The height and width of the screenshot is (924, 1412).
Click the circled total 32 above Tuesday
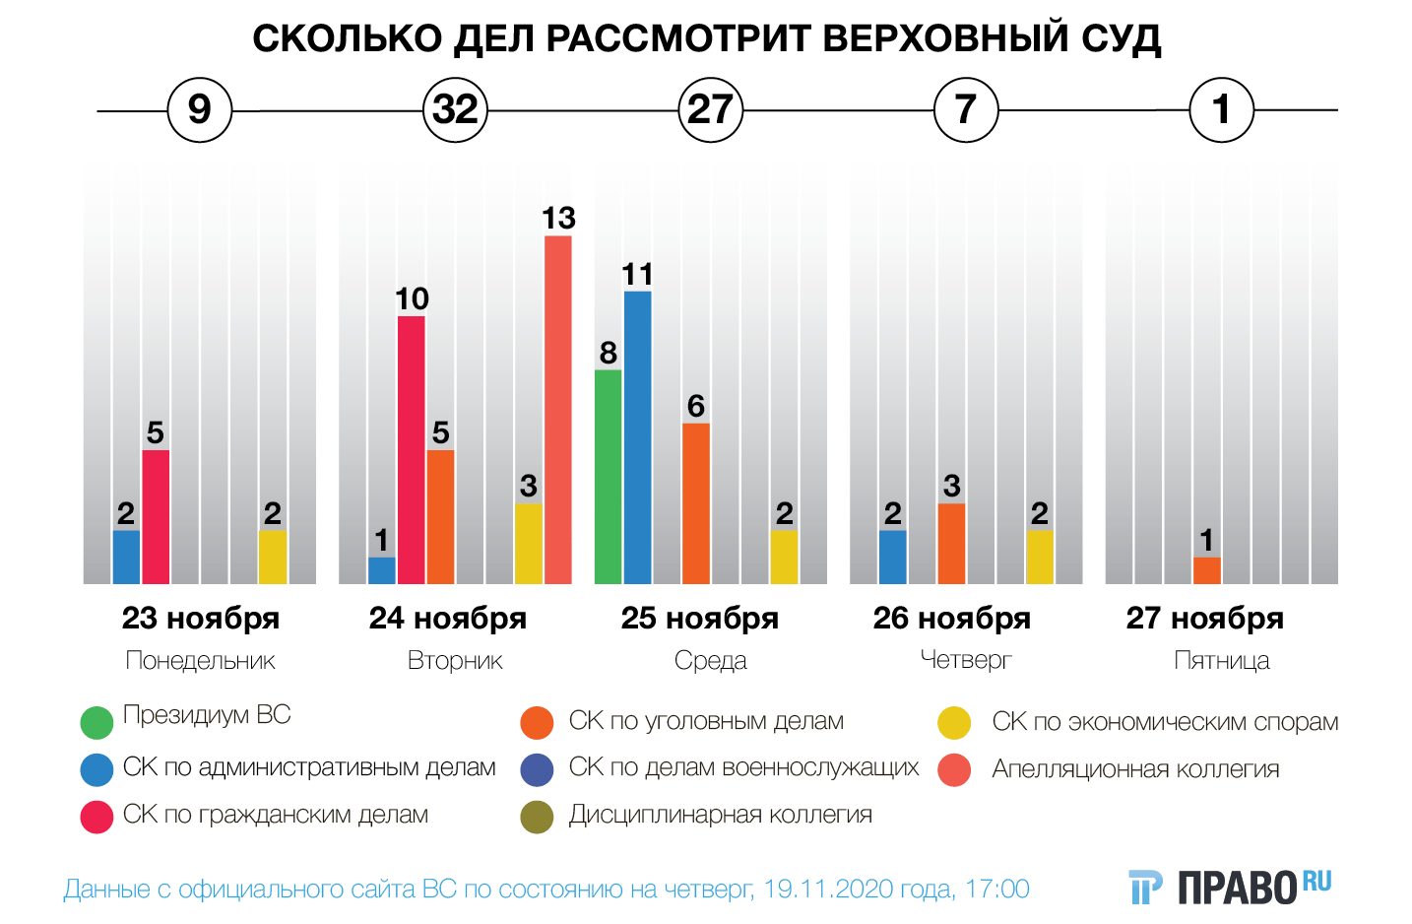(455, 109)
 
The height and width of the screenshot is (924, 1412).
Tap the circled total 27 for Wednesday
(710, 109)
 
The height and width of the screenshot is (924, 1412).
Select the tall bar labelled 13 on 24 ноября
(558, 410)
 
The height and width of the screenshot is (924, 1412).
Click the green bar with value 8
(609, 477)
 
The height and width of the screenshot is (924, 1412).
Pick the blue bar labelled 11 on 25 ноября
(637, 437)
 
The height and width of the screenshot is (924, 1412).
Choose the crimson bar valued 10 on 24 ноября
(412, 450)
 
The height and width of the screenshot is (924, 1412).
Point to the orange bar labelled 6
(696, 503)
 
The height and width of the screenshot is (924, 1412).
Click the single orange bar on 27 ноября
(1207, 570)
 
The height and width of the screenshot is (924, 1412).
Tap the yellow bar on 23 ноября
(273, 558)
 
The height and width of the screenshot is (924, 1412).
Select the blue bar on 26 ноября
(893, 558)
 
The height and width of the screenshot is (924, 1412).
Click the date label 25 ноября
(699, 619)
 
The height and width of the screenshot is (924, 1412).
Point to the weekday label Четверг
(965, 660)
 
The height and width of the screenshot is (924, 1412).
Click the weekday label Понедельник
(200, 661)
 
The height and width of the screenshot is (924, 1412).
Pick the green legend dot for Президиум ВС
(96, 722)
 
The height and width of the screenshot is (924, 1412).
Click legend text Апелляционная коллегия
(1135, 769)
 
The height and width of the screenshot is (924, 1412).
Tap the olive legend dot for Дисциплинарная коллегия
(538, 817)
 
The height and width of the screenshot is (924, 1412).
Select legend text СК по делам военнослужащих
(743, 767)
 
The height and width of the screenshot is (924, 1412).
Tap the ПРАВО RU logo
(1231, 887)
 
